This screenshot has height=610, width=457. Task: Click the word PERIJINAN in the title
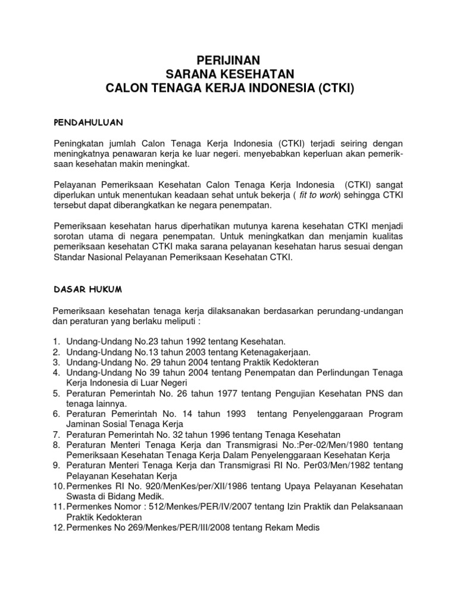pos(228,60)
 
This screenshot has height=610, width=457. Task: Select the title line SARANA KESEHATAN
pos(228,74)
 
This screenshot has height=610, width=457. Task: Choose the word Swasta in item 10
pos(81,497)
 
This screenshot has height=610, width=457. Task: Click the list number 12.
pos(57,528)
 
